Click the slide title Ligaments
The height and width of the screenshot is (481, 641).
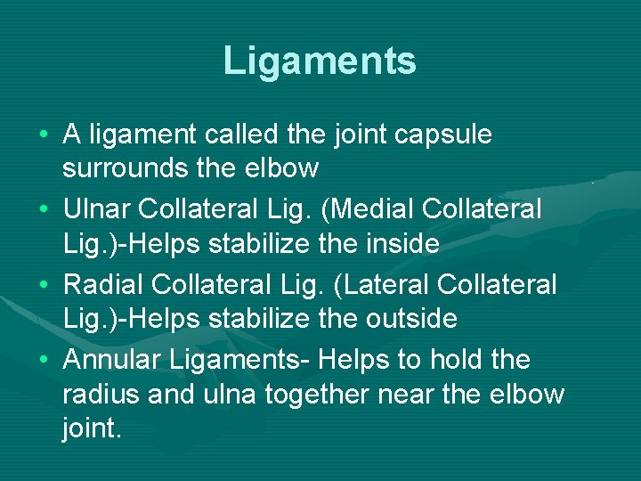tap(320, 61)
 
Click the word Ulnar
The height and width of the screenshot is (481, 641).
tap(98, 209)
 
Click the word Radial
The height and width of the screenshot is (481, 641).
tap(104, 284)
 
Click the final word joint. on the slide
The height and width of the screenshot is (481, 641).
tap(91, 428)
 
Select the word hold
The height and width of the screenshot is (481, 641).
tap(459, 360)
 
